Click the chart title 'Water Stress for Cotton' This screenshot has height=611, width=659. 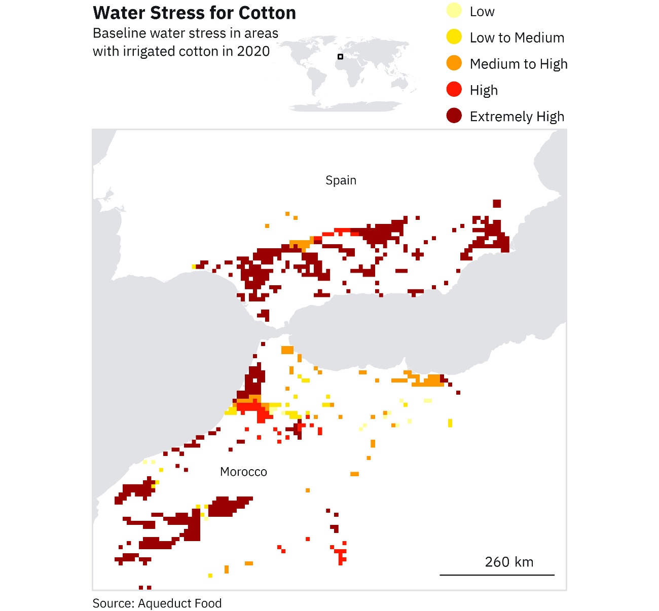click(195, 13)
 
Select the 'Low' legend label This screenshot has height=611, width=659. click(482, 12)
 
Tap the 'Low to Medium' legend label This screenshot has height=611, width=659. click(517, 38)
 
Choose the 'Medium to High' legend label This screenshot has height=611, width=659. click(519, 64)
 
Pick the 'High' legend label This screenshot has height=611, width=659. click(484, 91)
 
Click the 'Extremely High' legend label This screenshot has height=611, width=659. click(517, 117)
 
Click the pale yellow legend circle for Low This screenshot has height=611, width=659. click(454, 11)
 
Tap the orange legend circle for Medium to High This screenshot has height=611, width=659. click(454, 63)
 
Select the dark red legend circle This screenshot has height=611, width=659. click(454, 116)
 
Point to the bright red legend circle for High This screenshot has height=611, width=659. click(454, 90)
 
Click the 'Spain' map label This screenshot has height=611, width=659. click(341, 180)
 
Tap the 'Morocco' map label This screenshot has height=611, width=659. click(243, 472)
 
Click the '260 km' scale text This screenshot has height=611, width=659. click(509, 562)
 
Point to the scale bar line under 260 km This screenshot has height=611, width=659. click(497, 575)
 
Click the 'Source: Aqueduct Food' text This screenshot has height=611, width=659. click(157, 603)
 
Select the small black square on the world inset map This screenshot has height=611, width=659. click(341, 57)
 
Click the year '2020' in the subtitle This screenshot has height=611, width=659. click(253, 52)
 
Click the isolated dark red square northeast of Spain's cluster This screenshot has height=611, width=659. click(497, 204)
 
